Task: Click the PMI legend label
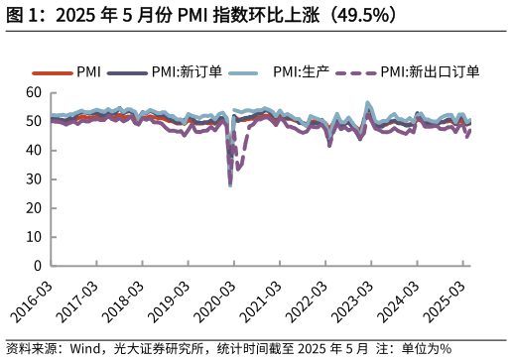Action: coord(88,72)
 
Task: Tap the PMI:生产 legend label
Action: coord(301,72)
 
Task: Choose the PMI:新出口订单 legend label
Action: coord(430,72)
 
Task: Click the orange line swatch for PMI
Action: coord(52,73)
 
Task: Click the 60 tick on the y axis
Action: coord(34,92)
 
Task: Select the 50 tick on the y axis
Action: coord(34,121)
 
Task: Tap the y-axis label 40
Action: coord(34,150)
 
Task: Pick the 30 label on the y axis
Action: coord(34,180)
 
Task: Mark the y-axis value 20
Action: coord(34,208)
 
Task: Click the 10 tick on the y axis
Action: coord(34,237)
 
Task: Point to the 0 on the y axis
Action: coord(38,266)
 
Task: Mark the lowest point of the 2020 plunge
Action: coord(230,185)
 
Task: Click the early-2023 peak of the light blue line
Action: coord(368,103)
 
